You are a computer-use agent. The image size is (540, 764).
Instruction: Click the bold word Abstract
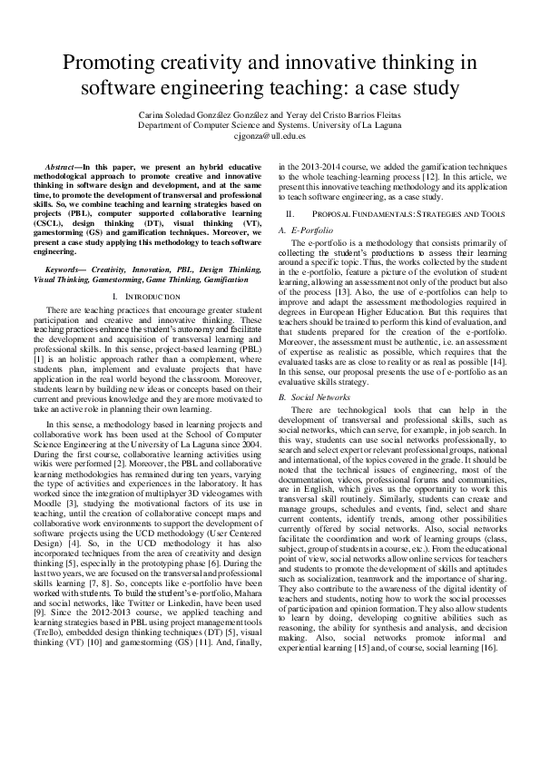(63, 170)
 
